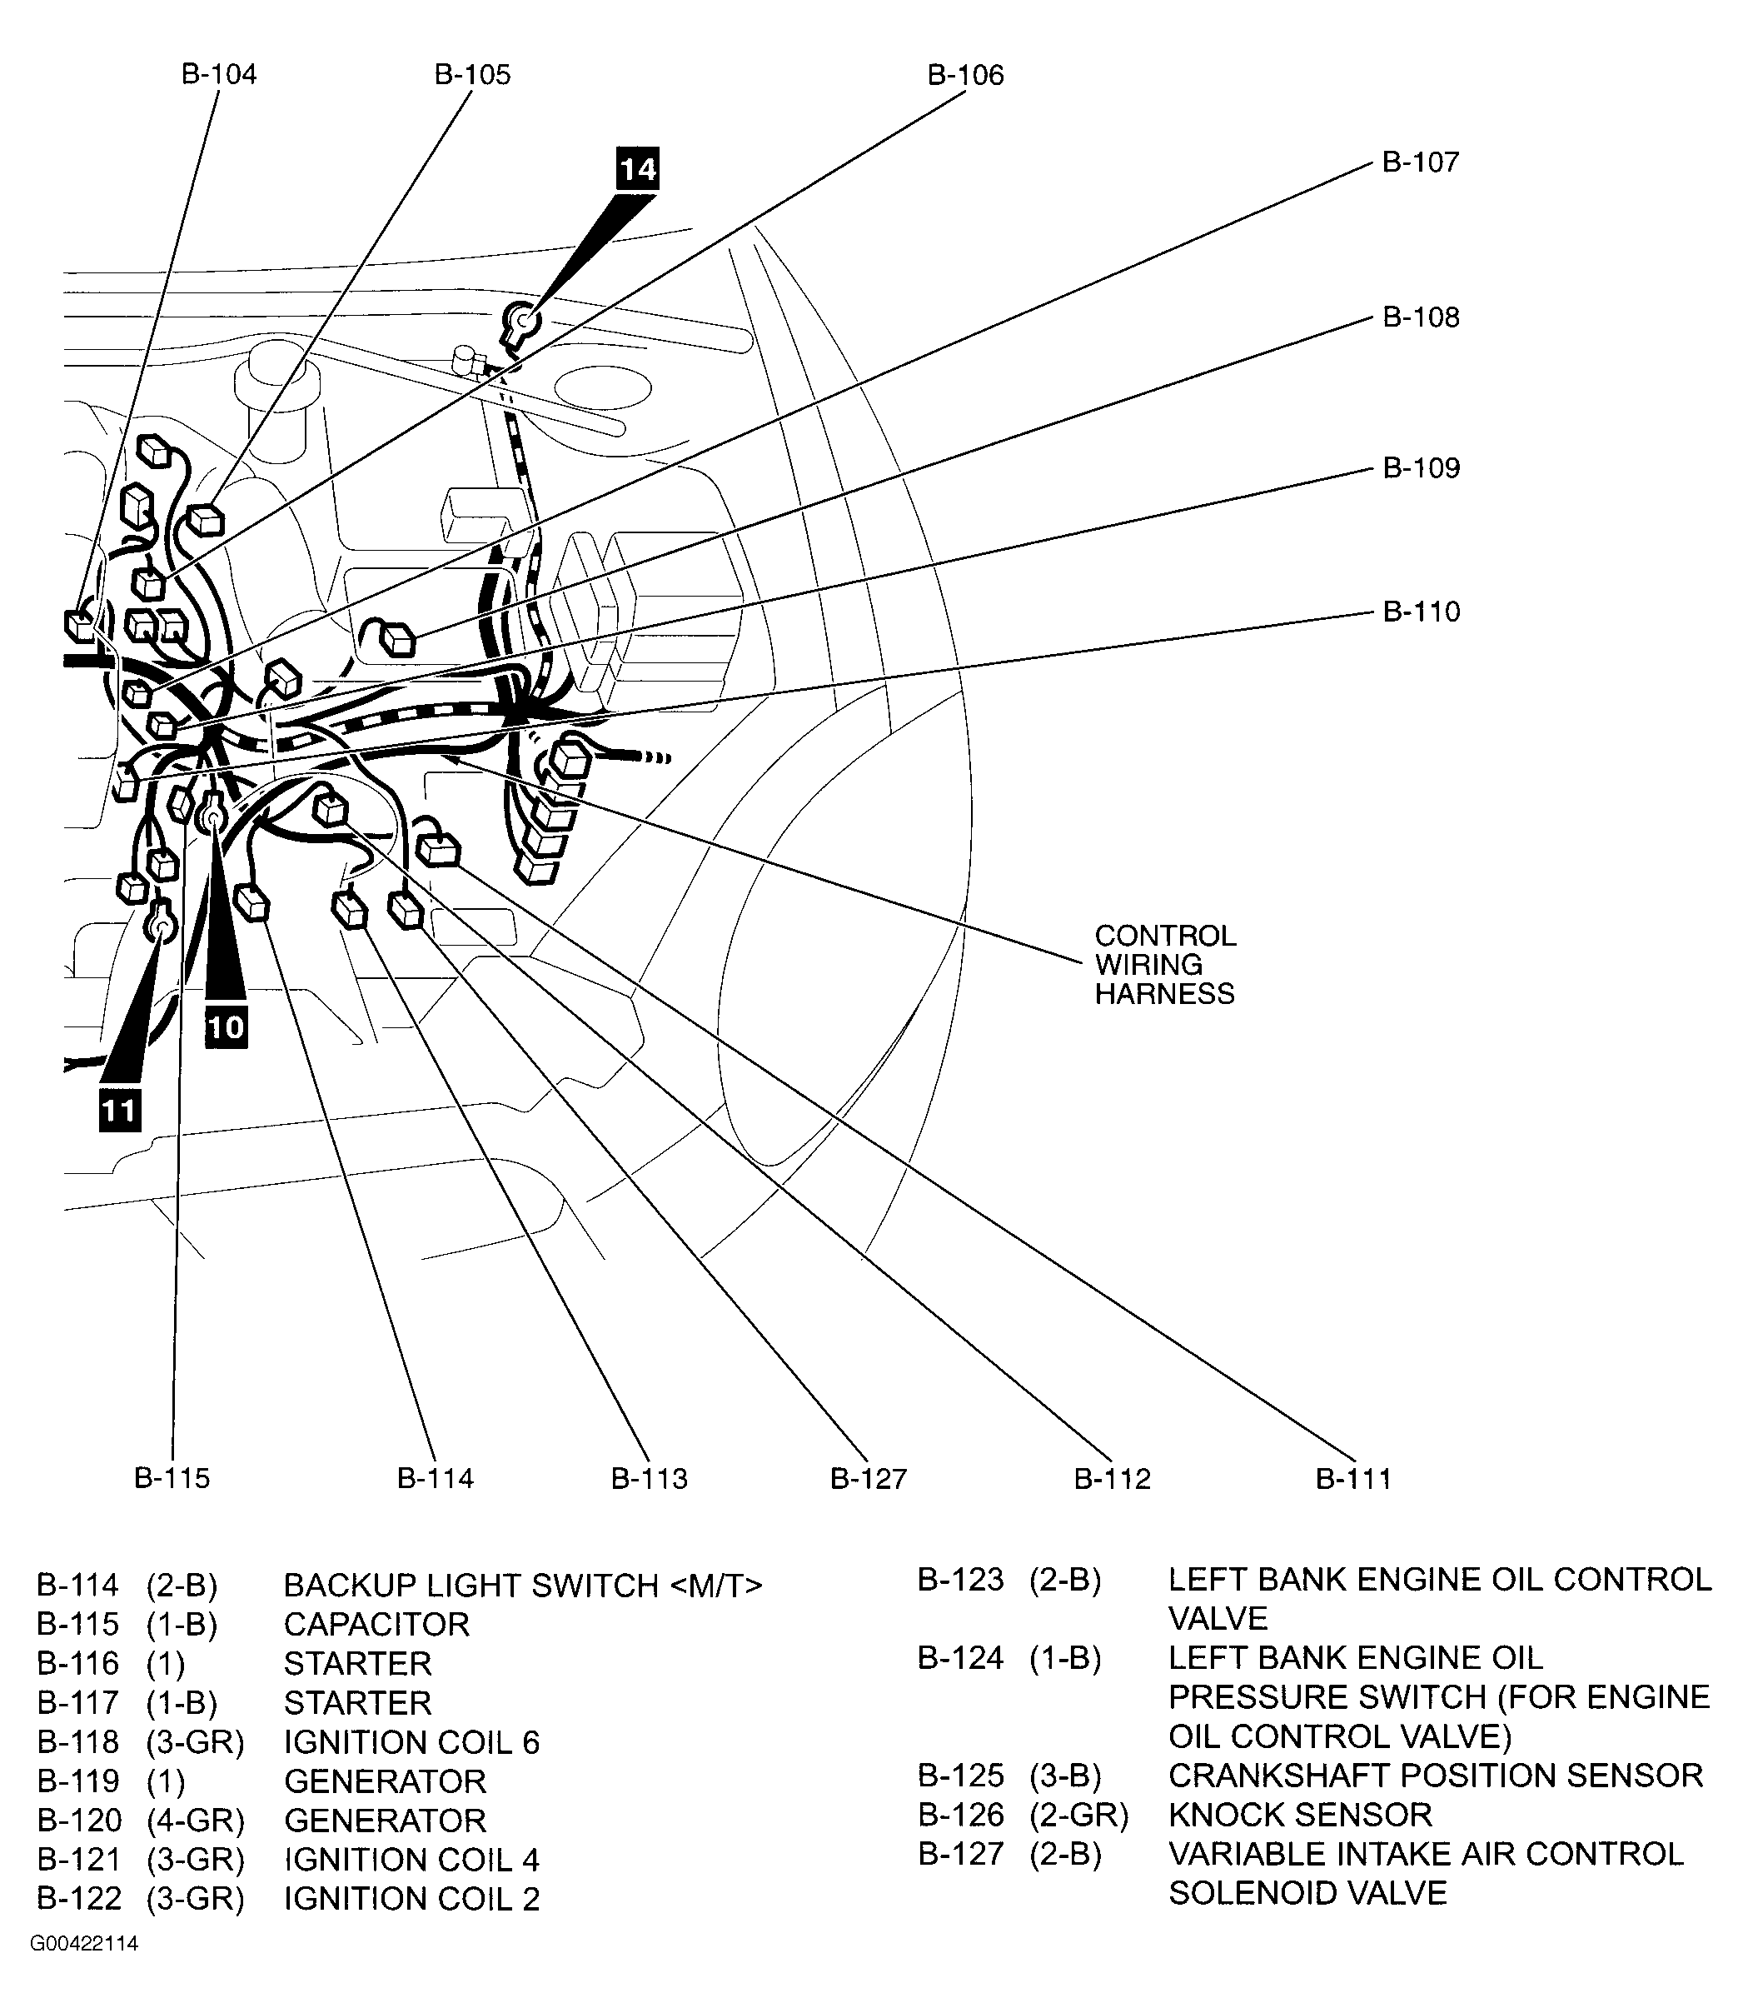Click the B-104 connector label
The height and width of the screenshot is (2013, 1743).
tap(219, 75)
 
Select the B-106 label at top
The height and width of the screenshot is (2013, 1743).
tap(965, 76)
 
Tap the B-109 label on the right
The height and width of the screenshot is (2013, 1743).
tap(1421, 469)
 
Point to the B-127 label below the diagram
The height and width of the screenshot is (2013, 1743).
tap(868, 1479)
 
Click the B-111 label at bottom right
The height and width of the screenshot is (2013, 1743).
tap(1353, 1479)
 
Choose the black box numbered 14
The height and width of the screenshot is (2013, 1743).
tap(638, 170)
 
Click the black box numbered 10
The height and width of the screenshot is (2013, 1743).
tap(226, 1027)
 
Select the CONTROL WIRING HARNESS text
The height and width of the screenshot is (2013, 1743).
tap(1164, 964)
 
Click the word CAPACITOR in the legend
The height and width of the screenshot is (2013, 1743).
tap(376, 1625)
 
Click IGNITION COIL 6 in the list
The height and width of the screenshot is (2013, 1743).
tap(411, 1742)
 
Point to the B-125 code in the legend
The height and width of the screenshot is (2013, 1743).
tap(960, 1776)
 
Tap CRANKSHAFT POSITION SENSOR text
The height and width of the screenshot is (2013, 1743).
tap(1435, 1776)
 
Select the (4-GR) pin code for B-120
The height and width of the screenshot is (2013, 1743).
tap(196, 1821)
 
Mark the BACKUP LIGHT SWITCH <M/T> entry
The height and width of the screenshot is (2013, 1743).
tap(522, 1586)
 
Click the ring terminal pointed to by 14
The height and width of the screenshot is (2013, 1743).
tap(523, 319)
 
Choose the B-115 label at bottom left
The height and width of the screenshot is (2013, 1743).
tap(172, 1479)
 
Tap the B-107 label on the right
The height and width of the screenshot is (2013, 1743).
tap(1420, 162)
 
